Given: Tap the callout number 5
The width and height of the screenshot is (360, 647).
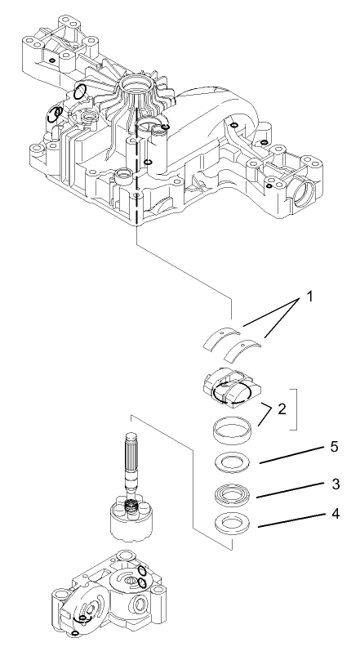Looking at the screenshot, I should (333, 448).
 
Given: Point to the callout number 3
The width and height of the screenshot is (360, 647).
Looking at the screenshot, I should (333, 484).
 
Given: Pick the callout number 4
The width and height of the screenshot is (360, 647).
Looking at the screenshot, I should (333, 515).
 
